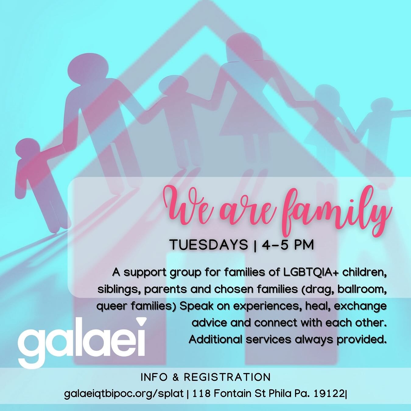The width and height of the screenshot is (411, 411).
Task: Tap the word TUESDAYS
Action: pyautogui.click(x=209, y=245)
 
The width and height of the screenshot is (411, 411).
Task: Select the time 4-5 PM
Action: pyautogui.click(x=288, y=245)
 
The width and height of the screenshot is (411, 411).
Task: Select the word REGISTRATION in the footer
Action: pyautogui.click(x=227, y=377)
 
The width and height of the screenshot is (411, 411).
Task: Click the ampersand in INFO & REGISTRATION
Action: pyautogui.click(x=176, y=377)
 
